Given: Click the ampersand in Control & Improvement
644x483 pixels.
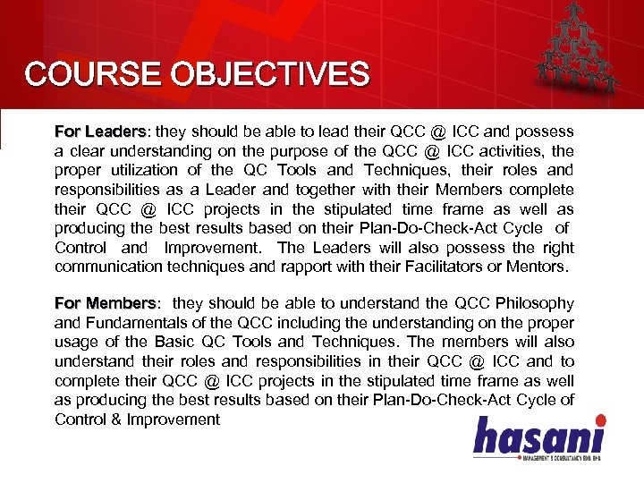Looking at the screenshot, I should click(x=117, y=419).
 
